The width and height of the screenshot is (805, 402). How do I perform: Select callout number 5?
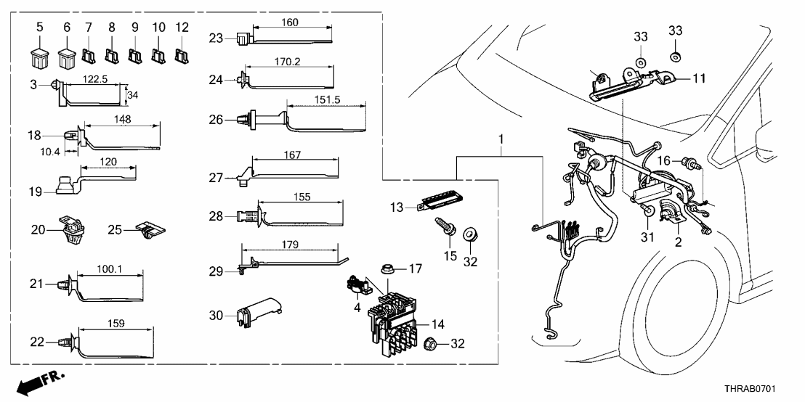tap(40, 27)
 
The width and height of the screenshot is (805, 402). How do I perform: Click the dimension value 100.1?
tap(109, 270)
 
